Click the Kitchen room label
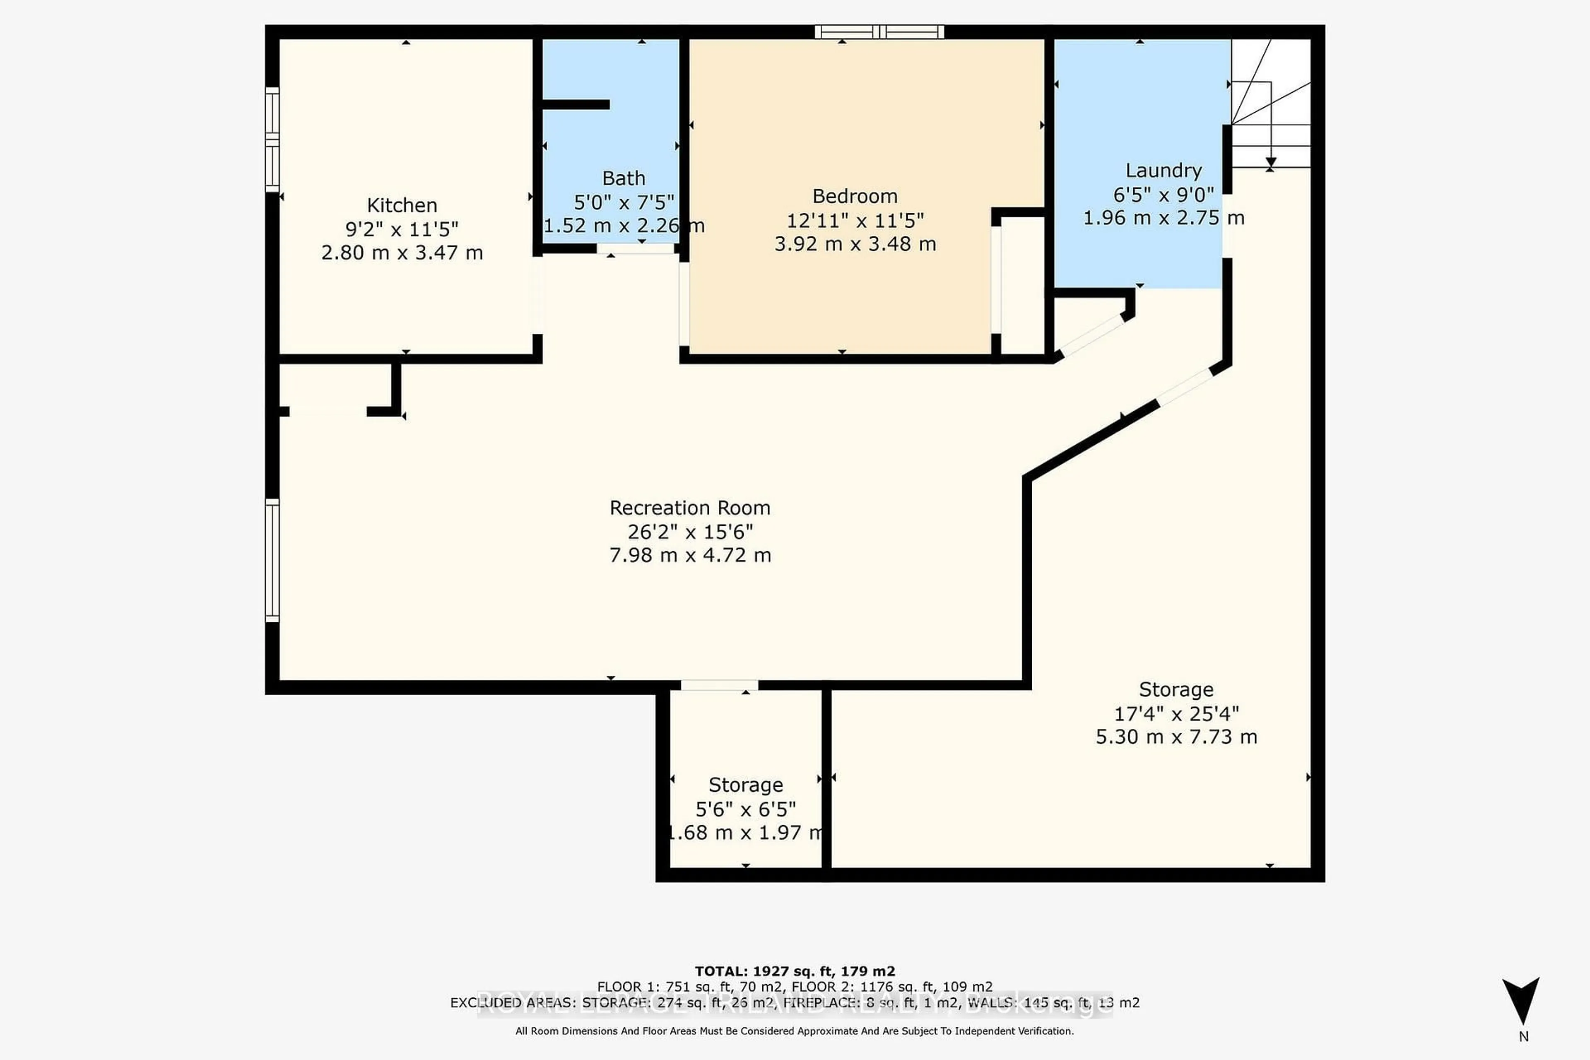point(402,205)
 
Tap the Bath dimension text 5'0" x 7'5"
point(623,202)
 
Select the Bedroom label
point(855,196)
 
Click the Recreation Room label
point(689,508)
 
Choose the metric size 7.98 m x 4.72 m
point(689,555)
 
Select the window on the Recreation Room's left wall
point(272,560)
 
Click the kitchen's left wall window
point(272,139)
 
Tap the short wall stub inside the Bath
point(575,104)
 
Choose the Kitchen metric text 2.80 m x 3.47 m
point(402,252)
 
